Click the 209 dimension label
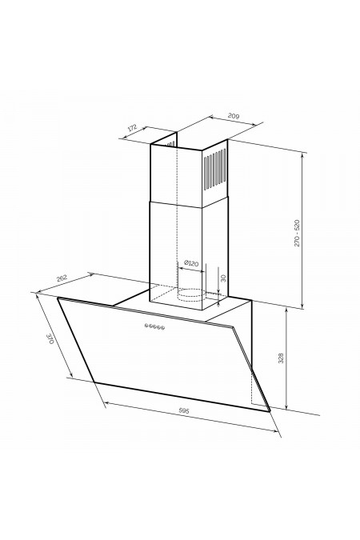[234, 116]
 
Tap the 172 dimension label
[132, 127]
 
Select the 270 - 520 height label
[297, 233]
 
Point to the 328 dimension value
[281, 358]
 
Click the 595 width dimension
[184, 410]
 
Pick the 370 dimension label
[50, 339]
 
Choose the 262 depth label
[62, 278]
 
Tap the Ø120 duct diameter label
[191, 263]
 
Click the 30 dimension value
[223, 278]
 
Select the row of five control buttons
[154, 326]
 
